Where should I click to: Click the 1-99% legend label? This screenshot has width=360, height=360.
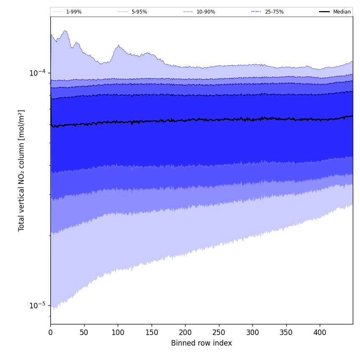click(x=74, y=12)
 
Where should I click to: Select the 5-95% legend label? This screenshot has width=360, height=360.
click(x=139, y=12)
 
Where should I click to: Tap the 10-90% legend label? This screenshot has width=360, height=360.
click(x=205, y=12)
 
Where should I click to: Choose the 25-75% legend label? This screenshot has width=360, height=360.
click(x=274, y=12)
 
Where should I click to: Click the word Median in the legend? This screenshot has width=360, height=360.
click(x=342, y=12)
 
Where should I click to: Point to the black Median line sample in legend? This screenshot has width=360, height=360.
click(x=324, y=12)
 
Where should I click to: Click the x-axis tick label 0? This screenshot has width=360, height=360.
click(x=50, y=333)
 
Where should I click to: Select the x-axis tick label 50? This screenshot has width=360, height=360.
click(x=84, y=333)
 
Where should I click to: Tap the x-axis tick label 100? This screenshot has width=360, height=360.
click(x=118, y=333)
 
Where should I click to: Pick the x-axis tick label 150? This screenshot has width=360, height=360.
click(x=151, y=333)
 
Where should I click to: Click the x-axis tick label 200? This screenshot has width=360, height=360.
click(x=185, y=333)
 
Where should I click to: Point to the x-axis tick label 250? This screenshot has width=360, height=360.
click(x=219, y=333)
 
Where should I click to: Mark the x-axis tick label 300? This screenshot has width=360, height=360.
click(x=252, y=333)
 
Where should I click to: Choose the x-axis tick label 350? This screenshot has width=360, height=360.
click(x=286, y=333)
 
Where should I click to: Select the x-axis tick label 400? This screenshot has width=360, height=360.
click(x=320, y=333)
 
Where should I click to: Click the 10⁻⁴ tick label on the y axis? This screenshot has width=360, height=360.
click(x=37, y=73)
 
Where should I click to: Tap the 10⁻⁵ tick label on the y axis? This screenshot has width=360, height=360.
click(x=37, y=305)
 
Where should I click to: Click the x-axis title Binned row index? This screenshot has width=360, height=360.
click(x=201, y=343)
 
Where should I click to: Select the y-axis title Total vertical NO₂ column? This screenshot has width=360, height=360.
click(x=21, y=170)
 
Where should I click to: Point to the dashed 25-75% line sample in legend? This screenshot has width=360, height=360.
click(x=256, y=12)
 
